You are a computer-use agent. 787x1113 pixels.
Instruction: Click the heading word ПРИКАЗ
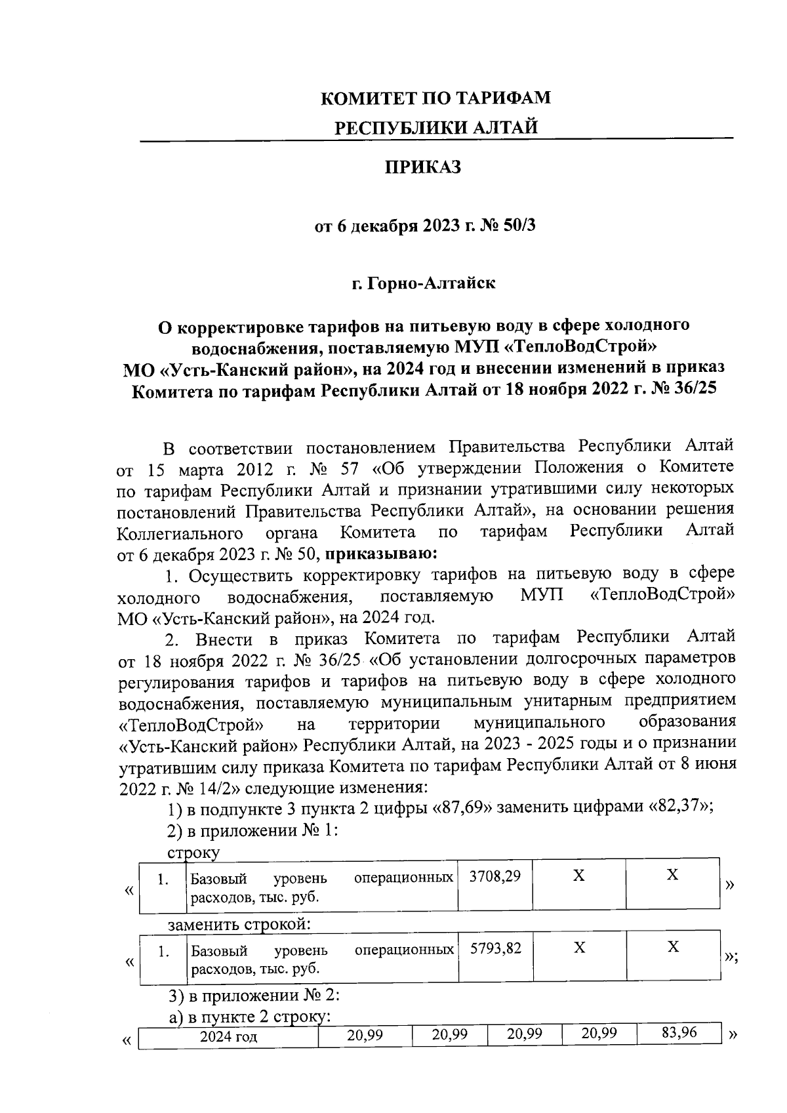pyautogui.click(x=423, y=167)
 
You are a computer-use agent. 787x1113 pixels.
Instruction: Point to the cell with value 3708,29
pyautogui.click(x=495, y=876)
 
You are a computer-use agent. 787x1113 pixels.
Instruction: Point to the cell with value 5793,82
pyautogui.click(x=495, y=948)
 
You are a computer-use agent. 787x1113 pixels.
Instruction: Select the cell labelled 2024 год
pyautogui.click(x=228, y=1037)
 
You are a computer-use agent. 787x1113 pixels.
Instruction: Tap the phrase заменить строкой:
pyautogui.click(x=239, y=925)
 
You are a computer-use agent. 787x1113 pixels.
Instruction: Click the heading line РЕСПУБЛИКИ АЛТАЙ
pyautogui.click(x=436, y=127)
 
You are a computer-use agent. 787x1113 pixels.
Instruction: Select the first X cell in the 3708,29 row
pyautogui.click(x=578, y=876)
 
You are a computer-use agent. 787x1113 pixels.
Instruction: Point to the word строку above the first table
pyautogui.click(x=194, y=853)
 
